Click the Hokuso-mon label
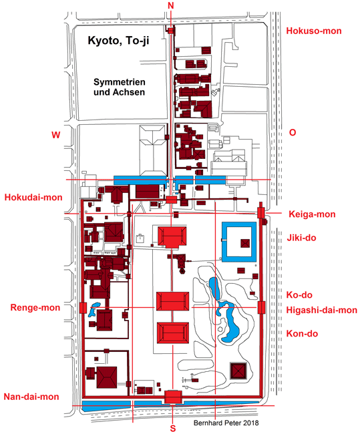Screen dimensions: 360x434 coord(314,31)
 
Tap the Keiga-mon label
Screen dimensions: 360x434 coord(312,214)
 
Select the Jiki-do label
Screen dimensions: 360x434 coord(301,238)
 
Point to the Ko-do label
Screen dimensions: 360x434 coord(299,294)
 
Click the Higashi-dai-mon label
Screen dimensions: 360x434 coord(321,310)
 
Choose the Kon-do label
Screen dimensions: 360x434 coord(302,334)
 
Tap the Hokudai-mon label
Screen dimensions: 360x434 coord(33,198)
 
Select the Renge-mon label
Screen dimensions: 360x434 coord(35,308)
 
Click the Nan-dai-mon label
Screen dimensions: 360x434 coord(31,397)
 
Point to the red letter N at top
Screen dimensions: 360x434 coord(171,5)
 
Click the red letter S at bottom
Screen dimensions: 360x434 coord(173,429)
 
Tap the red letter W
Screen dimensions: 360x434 coord(55,135)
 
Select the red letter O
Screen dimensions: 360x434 coord(293,133)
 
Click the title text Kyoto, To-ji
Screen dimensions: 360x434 coord(118,41)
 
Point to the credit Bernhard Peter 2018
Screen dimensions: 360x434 coord(226,423)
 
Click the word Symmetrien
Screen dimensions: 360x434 coord(120,82)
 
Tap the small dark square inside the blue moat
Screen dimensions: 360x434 coord(245,243)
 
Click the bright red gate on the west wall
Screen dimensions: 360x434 coord(83,308)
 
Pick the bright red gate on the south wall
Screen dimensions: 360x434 coord(173,397)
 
